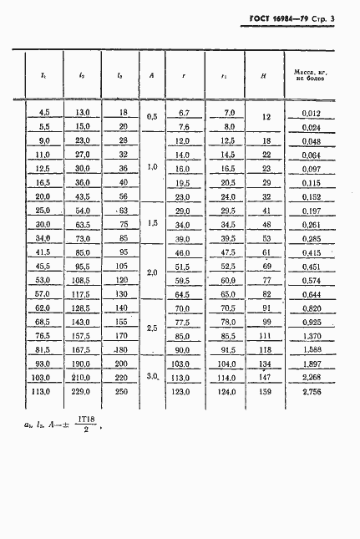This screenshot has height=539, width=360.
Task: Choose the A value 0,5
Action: tap(152, 117)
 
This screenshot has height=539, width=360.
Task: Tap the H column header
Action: tap(264, 75)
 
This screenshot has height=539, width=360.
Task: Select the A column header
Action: tap(152, 75)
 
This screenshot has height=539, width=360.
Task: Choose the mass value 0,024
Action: tap(311, 128)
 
